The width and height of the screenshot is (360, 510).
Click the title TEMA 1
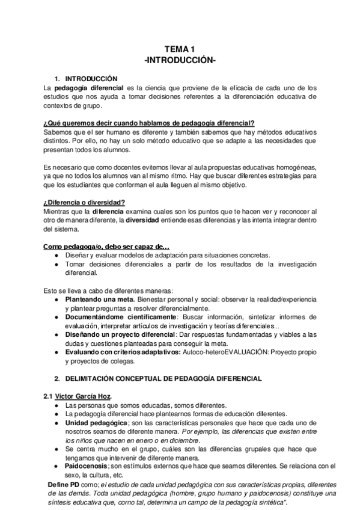point(180,50)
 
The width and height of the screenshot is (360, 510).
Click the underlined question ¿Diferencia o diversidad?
point(84,201)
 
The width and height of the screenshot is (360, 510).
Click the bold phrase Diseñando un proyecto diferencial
point(120,335)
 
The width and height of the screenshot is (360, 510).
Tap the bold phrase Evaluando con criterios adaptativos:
point(122,353)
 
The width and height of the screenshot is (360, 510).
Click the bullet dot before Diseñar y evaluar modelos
point(56,256)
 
